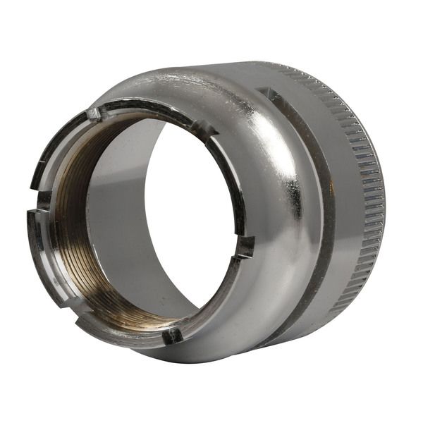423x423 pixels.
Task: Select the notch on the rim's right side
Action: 245,246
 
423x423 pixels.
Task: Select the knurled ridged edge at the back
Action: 370,183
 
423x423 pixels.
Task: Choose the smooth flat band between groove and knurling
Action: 345,197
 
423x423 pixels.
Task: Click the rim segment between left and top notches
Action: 56,141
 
